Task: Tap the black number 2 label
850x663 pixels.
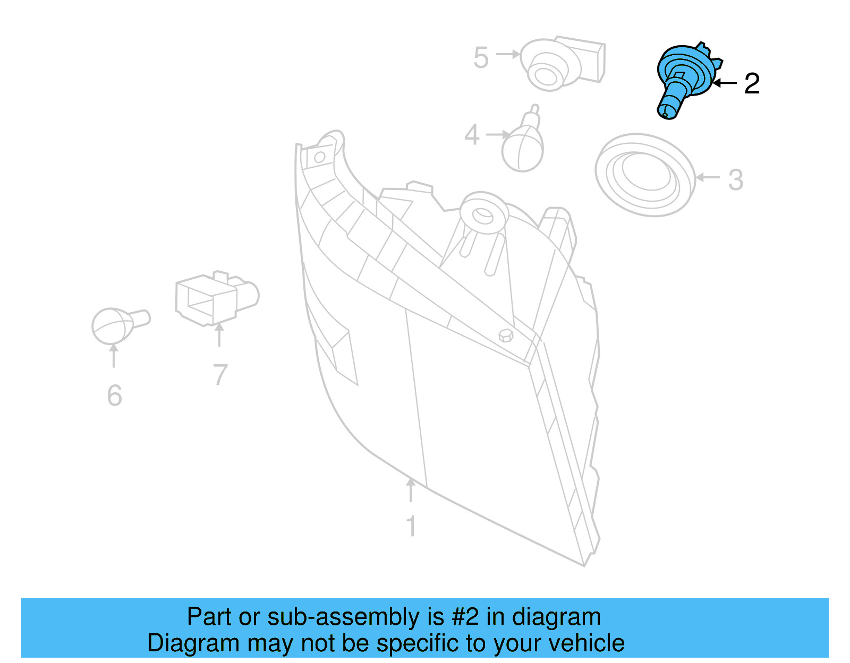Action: tap(752, 84)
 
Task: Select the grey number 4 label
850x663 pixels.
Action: tap(472, 135)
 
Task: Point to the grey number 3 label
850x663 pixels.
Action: tap(735, 180)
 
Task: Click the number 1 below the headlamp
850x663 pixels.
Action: tap(411, 526)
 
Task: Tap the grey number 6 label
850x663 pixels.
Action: tap(114, 395)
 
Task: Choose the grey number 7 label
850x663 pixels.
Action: tap(220, 374)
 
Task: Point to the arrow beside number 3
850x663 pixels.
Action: tap(708, 177)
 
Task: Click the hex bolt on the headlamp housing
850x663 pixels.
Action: tap(506, 335)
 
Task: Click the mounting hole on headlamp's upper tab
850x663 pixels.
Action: tap(319, 157)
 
